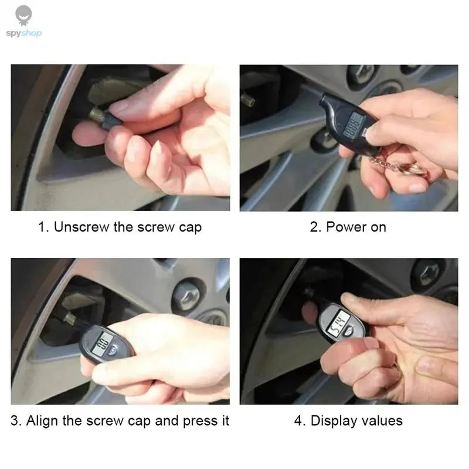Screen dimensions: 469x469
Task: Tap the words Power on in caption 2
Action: [x=356, y=227]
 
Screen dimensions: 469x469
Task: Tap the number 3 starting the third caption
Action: [x=15, y=420]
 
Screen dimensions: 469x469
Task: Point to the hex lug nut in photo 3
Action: [x=188, y=292]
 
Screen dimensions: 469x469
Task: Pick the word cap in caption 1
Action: [x=190, y=227]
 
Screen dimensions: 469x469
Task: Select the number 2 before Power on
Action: [x=314, y=227]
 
